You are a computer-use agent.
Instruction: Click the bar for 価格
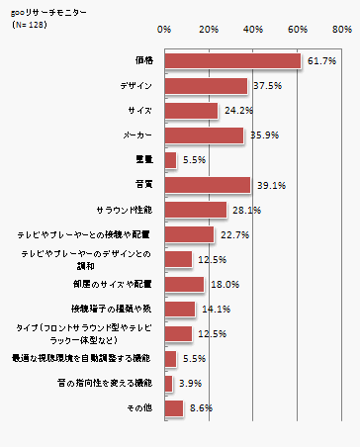(232, 61)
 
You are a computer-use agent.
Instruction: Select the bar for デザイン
(206, 86)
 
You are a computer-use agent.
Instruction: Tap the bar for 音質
(208, 184)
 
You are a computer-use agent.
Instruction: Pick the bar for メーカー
(204, 135)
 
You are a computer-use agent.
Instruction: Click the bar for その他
(174, 407)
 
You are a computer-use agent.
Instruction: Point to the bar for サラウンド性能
(196, 210)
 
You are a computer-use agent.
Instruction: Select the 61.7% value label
(322, 61)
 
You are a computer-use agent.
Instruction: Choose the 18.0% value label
(224, 284)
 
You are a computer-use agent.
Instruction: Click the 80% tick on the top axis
(342, 29)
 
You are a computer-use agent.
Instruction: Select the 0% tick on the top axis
(165, 29)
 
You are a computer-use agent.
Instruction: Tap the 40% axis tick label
(253, 29)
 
